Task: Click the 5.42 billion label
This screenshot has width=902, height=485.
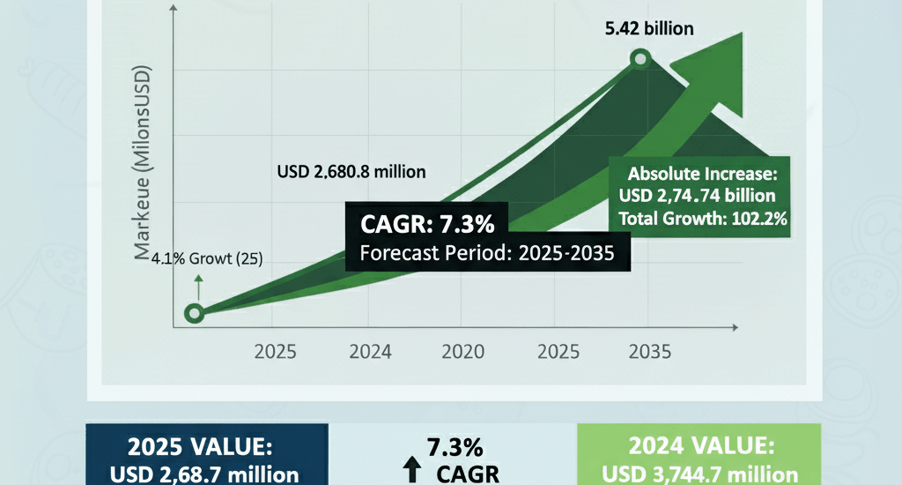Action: point(648,28)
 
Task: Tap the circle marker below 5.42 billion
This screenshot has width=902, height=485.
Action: point(640,60)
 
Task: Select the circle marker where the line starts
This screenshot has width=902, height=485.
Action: point(195,312)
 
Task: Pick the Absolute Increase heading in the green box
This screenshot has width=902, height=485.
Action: point(701,173)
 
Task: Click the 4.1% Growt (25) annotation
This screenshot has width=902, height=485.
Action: point(206,259)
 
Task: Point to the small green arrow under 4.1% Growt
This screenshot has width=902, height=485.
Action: point(198,285)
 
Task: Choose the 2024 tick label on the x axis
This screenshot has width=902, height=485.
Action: point(370,352)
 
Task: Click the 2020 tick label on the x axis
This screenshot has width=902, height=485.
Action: point(463,352)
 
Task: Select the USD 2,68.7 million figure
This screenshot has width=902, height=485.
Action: point(205,474)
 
